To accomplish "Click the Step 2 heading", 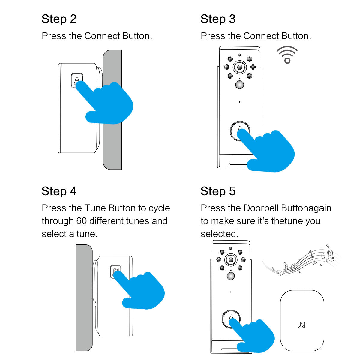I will click(59, 19).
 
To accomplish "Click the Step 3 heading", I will click(218, 19).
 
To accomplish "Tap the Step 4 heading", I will click(59, 191).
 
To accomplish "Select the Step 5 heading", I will click(218, 191).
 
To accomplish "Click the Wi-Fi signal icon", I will click(287, 55).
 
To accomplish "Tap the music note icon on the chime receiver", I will click(302, 325).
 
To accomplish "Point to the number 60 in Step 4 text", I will click(81, 221).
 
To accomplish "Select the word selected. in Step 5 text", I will click(219, 234).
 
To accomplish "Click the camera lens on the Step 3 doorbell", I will click(239, 67).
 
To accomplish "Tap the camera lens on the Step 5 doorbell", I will click(231, 259).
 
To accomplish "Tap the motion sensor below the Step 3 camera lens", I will click(239, 85).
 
